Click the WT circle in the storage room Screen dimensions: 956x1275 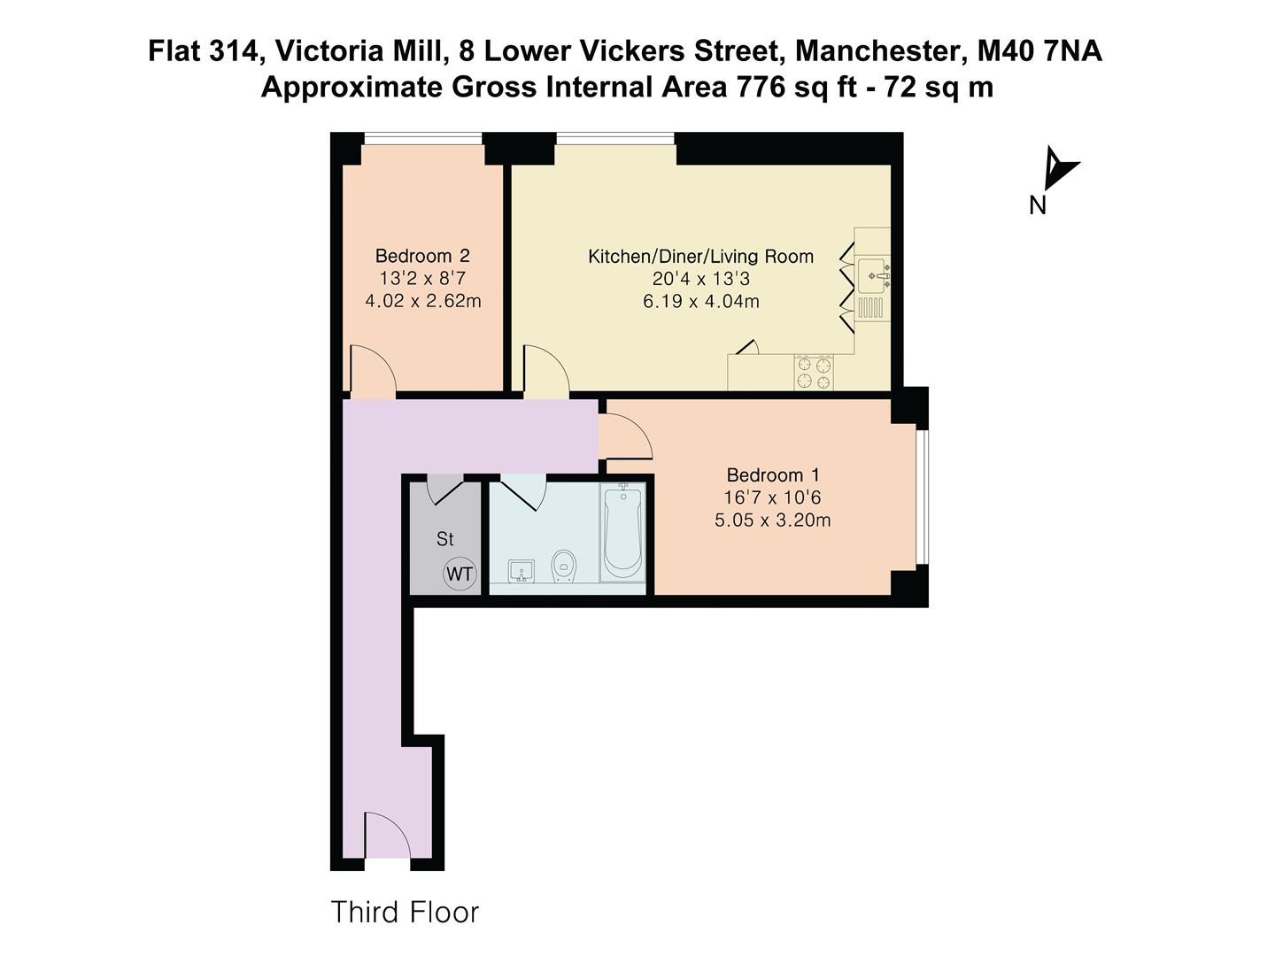click(x=460, y=574)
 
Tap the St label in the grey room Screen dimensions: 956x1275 click(x=444, y=539)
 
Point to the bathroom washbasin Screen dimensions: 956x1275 click(x=521, y=572)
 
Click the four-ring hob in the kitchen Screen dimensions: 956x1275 click(x=814, y=373)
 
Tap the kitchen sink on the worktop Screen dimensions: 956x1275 click(x=872, y=274)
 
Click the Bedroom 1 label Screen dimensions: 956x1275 click(x=773, y=475)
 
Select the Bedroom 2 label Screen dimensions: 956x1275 click(x=422, y=256)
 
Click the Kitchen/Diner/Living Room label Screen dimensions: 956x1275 click(x=700, y=257)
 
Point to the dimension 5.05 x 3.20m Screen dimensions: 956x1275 click(x=773, y=520)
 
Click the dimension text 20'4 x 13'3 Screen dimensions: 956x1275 click(x=700, y=279)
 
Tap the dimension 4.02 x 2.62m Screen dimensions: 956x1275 click(x=422, y=301)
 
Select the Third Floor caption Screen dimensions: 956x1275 click(x=405, y=912)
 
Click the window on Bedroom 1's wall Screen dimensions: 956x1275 click(x=922, y=497)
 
